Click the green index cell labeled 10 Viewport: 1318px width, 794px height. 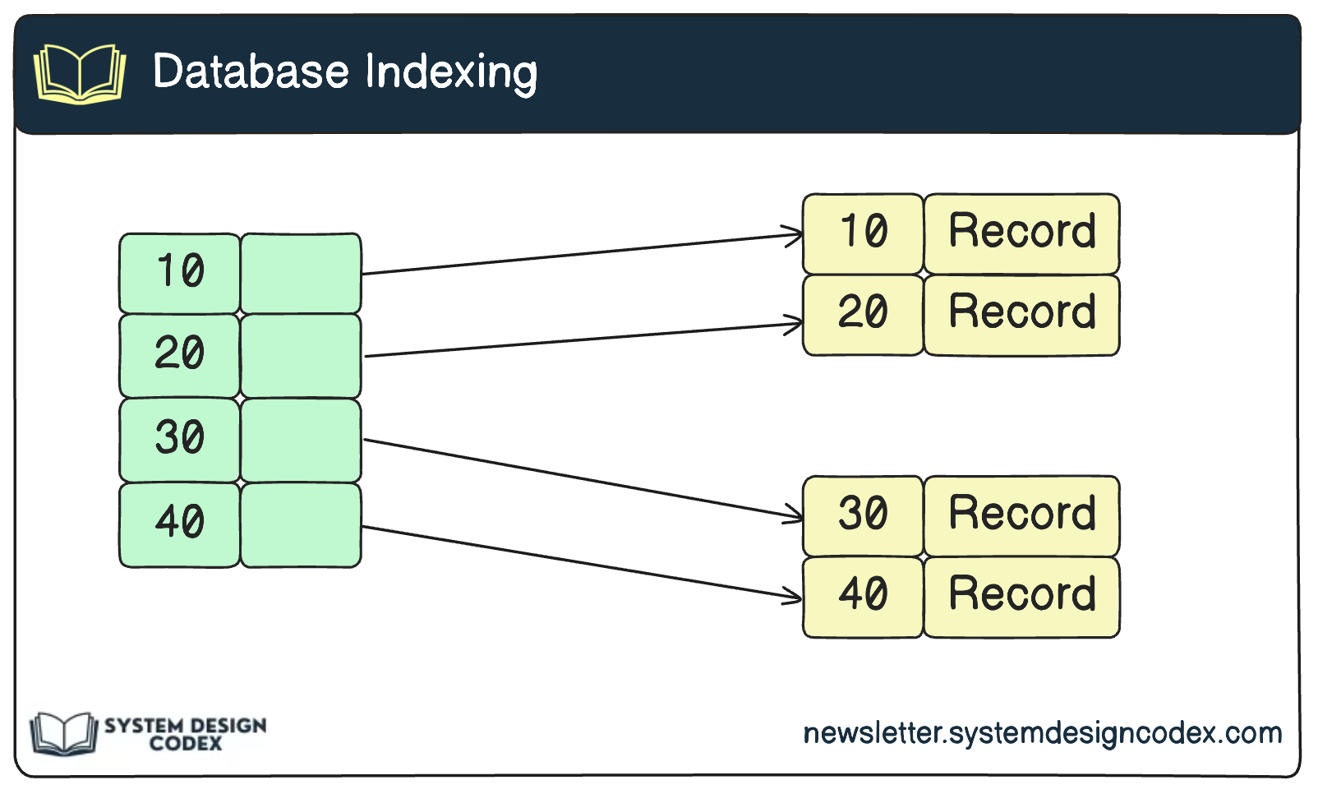click(180, 273)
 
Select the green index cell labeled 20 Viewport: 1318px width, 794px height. click(180, 355)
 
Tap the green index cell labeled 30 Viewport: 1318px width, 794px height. click(180, 439)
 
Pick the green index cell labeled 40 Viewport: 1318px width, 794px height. click(180, 524)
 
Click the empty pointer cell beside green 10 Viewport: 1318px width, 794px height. click(301, 273)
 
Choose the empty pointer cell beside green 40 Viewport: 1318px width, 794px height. click(301, 524)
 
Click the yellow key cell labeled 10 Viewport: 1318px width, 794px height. click(863, 233)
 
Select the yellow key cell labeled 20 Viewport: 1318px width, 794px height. click(863, 314)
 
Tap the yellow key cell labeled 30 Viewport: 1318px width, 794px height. click(863, 515)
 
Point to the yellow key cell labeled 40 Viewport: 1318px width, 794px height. click(863, 596)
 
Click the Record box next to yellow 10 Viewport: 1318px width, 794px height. click(1021, 233)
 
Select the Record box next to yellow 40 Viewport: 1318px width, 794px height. click(1021, 596)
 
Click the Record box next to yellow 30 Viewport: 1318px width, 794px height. click(1021, 515)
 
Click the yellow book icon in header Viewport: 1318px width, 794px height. click(80, 74)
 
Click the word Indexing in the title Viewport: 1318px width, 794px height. click(451, 72)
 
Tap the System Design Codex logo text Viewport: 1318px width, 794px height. click(186, 734)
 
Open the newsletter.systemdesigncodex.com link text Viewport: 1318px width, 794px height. click(1042, 732)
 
